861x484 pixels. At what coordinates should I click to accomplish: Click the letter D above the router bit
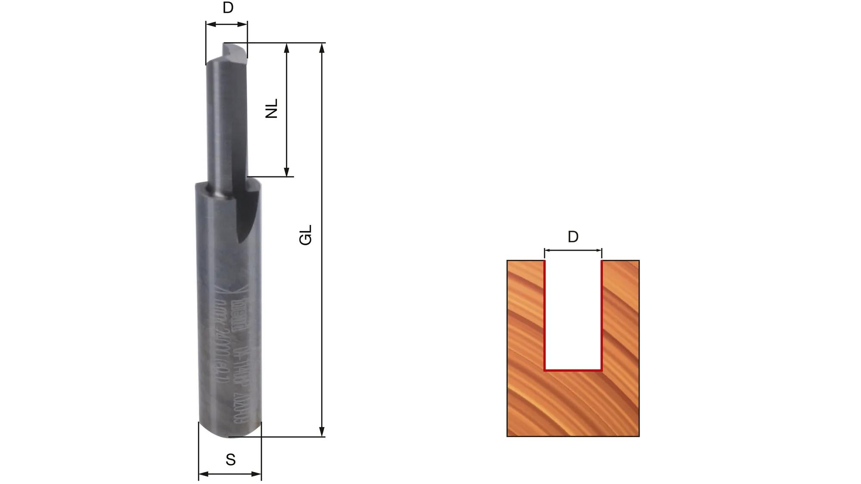[x=228, y=8]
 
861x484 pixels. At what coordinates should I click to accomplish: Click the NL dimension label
[x=272, y=108]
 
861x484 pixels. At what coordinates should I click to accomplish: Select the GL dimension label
[x=305, y=235]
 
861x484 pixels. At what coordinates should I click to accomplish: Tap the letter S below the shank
[x=230, y=460]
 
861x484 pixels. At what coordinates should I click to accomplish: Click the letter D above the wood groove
[x=573, y=237]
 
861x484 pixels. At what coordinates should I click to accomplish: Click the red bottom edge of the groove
[x=573, y=370]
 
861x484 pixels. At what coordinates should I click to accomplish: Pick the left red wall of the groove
[x=545, y=314]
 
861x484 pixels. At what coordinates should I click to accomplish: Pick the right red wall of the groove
[x=601, y=314]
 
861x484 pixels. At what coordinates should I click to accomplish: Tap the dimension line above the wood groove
[x=573, y=250]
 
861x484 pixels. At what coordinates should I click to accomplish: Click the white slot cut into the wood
[x=573, y=314]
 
